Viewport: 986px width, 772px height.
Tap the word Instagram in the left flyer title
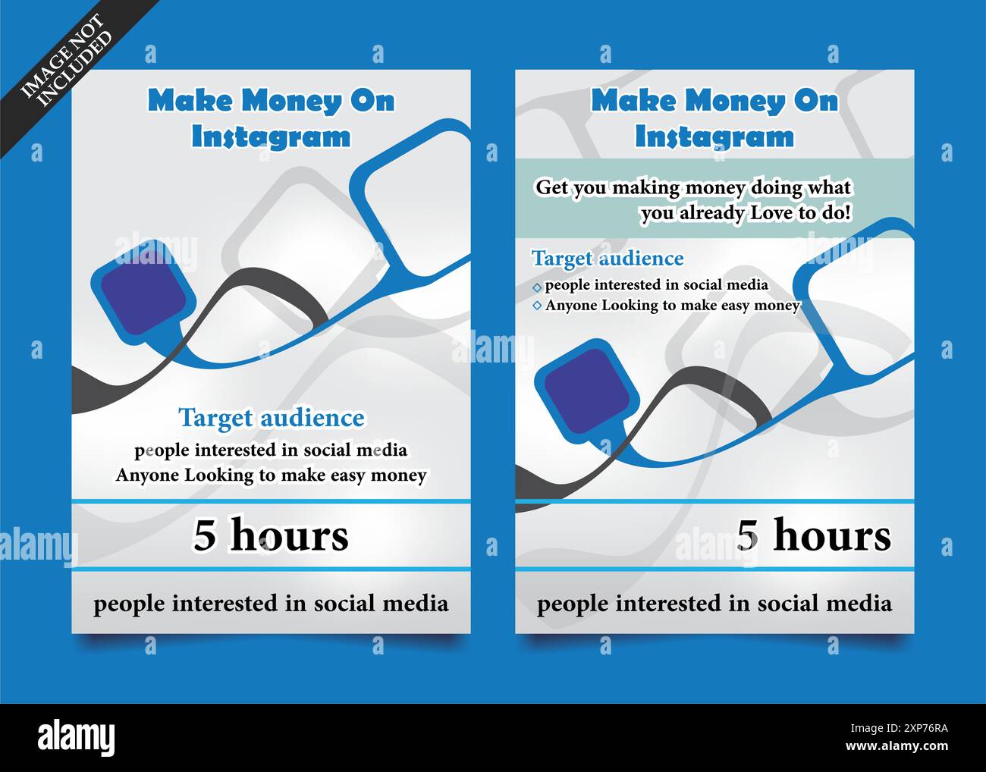pos(271,137)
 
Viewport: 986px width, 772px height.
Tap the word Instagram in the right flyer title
pos(714,137)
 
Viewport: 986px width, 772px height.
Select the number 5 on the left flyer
pos(205,535)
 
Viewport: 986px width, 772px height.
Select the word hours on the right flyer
pos(832,535)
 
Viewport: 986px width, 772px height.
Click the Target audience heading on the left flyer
pos(271,418)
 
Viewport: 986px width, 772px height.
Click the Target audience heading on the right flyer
pos(608,259)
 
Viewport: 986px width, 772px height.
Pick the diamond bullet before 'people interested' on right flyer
pos(537,287)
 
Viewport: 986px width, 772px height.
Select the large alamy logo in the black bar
pos(77,737)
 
